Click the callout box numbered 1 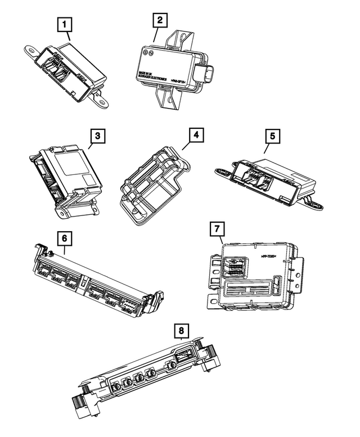coord(66,24)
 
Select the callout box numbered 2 coord(160,20)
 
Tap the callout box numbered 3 coord(97,136)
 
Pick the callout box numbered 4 coord(196,136)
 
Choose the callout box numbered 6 coord(65,238)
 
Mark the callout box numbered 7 coord(216,229)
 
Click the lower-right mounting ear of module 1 coord(104,103)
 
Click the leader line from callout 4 coord(184,148)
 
